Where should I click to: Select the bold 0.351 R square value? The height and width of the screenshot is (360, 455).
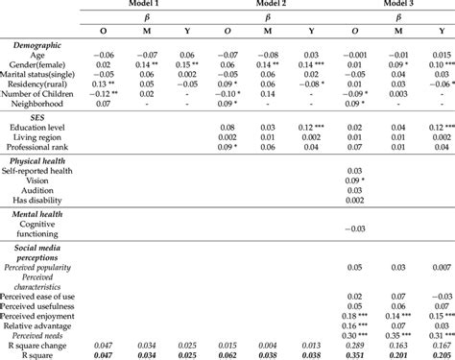pyautogui.click(x=353, y=355)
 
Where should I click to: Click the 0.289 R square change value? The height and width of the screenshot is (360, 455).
pyautogui.click(x=353, y=345)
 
